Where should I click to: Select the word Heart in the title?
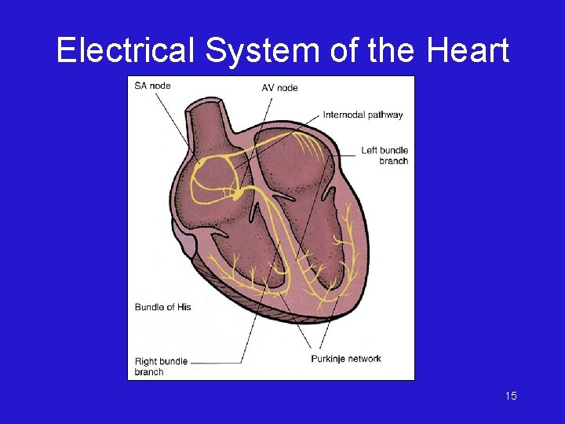pyautogui.click(x=468, y=52)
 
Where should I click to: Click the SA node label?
pyautogui.click(x=152, y=85)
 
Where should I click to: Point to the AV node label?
pyautogui.click(x=279, y=87)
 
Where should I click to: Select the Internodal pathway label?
pyautogui.click(x=363, y=115)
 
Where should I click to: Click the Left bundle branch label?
pyautogui.click(x=385, y=155)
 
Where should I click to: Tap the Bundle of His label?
pyautogui.click(x=162, y=307)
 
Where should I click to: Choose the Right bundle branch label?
pyautogui.click(x=161, y=367)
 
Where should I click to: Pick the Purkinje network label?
pyautogui.click(x=346, y=359)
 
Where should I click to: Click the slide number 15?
pyautogui.click(x=511, y=396)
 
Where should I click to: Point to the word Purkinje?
pyautogui.click(x=329, y=359)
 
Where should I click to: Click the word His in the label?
pyautogui.click(x=183, y=307)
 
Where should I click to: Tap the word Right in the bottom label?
pyautogui.click(x=147, y=362)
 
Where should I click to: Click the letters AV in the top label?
pyautogui.click(x=268, y=87)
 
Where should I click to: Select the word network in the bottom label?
pyautogui.click(x=365, y=359)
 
